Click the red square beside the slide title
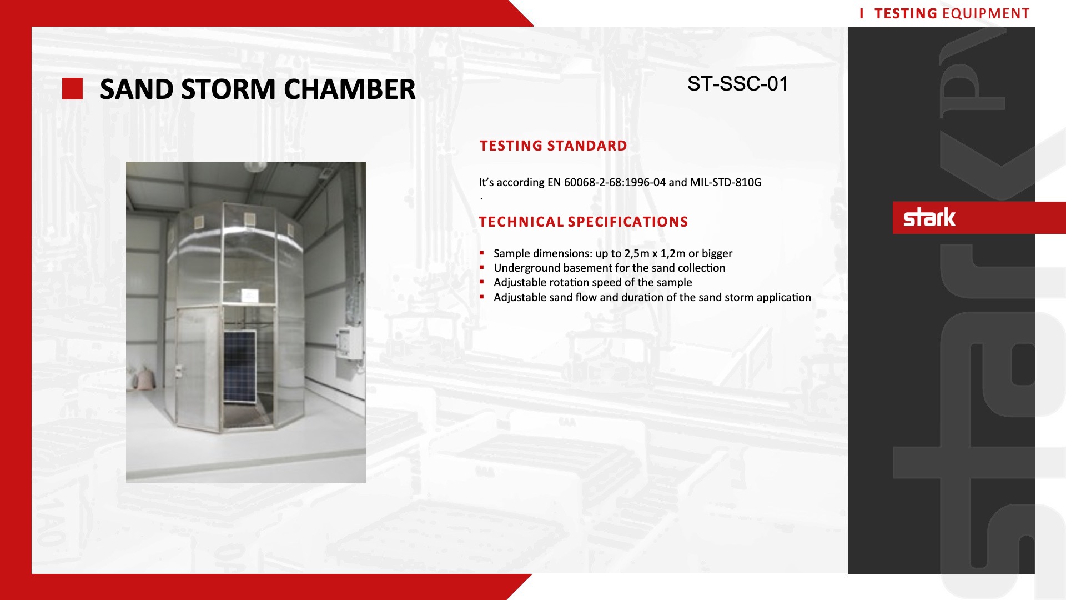point(72,89)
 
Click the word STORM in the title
point(228,89)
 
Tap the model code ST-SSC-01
point(738,84)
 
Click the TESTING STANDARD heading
point(554,146)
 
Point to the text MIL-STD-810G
point(726,182)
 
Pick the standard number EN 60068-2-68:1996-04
point(606,182)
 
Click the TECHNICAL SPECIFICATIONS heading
point(584,222)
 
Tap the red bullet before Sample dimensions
point(482,253)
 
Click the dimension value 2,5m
point(637,254)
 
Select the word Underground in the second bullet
point(527,268)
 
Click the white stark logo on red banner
point(929,217)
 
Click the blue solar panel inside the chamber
point(240,367)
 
